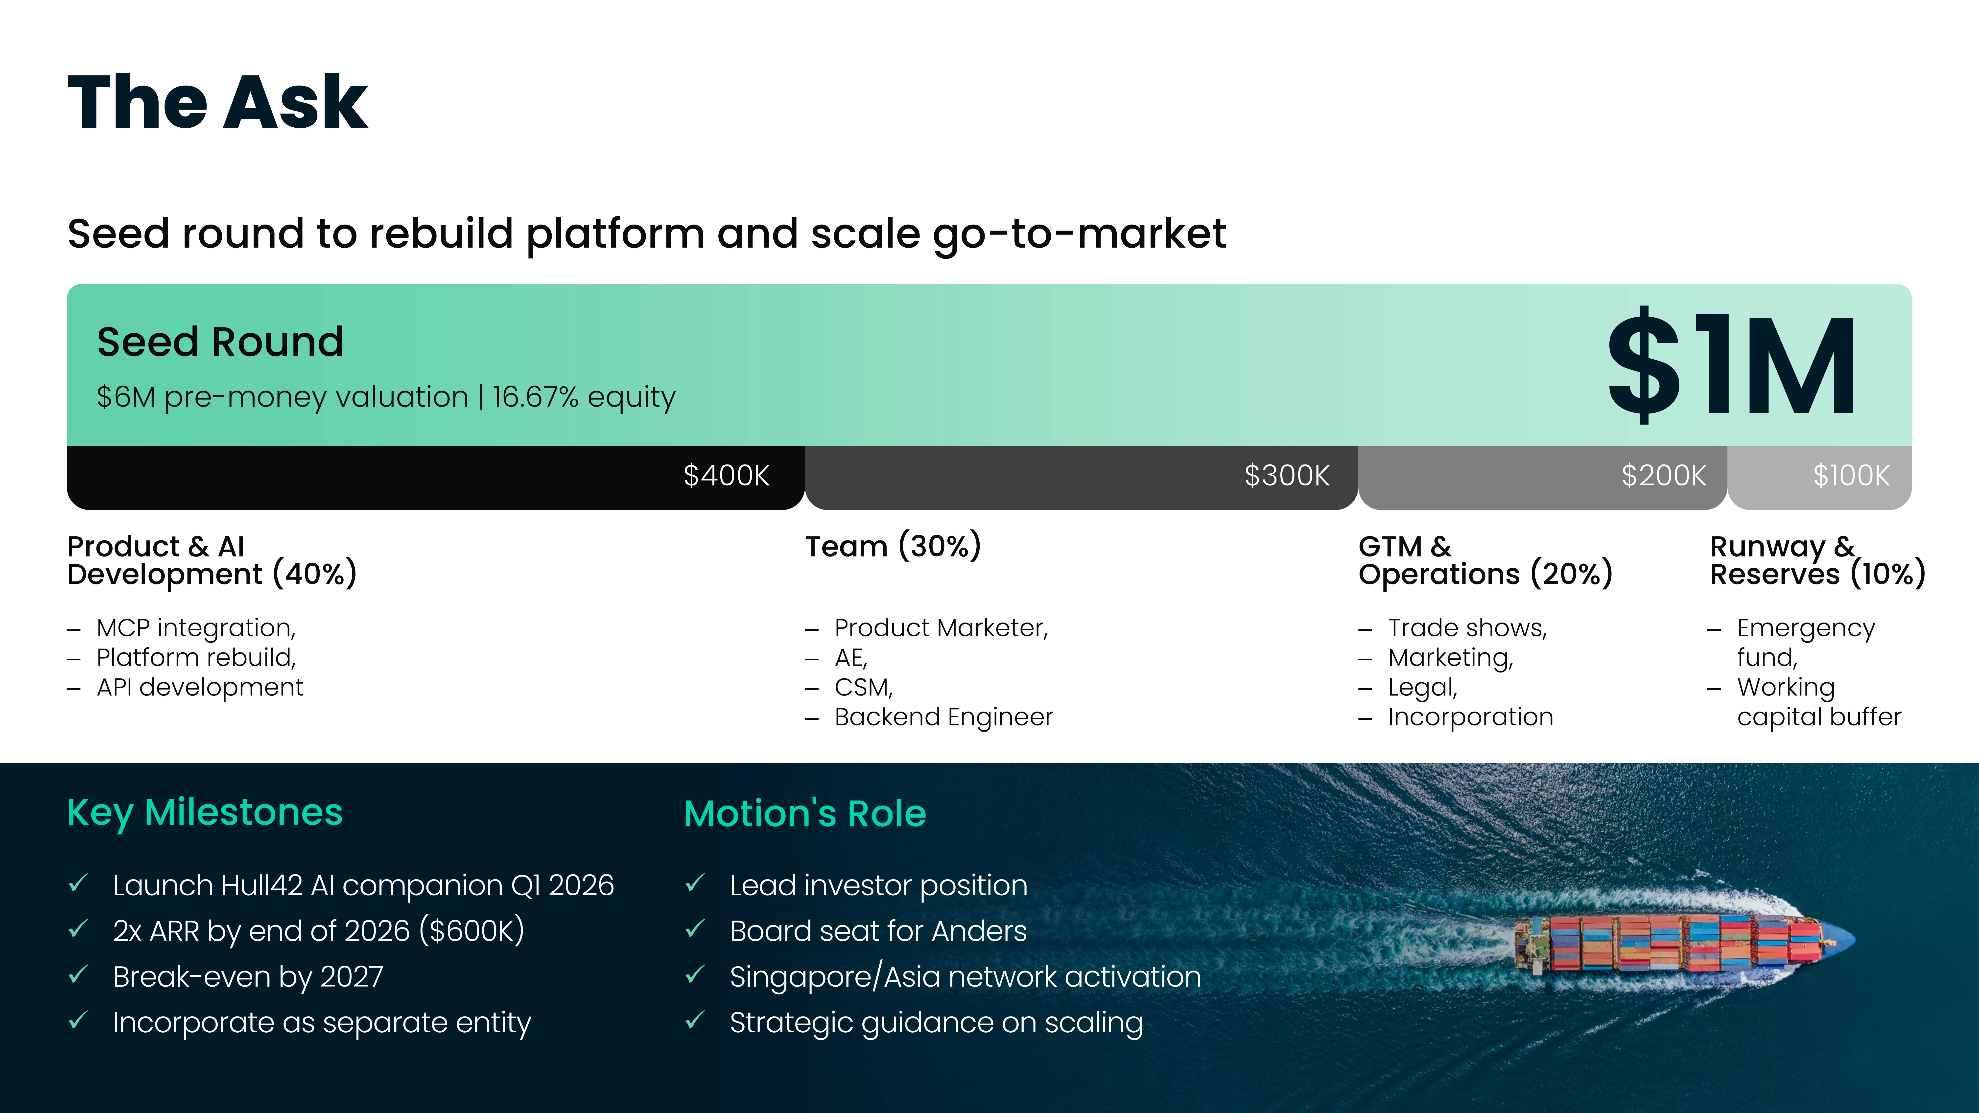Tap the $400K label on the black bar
726,475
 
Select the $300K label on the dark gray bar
1287,475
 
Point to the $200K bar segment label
1663,475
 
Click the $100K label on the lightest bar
1851,475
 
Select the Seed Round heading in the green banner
220,342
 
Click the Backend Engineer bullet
943,717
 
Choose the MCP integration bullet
196,628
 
